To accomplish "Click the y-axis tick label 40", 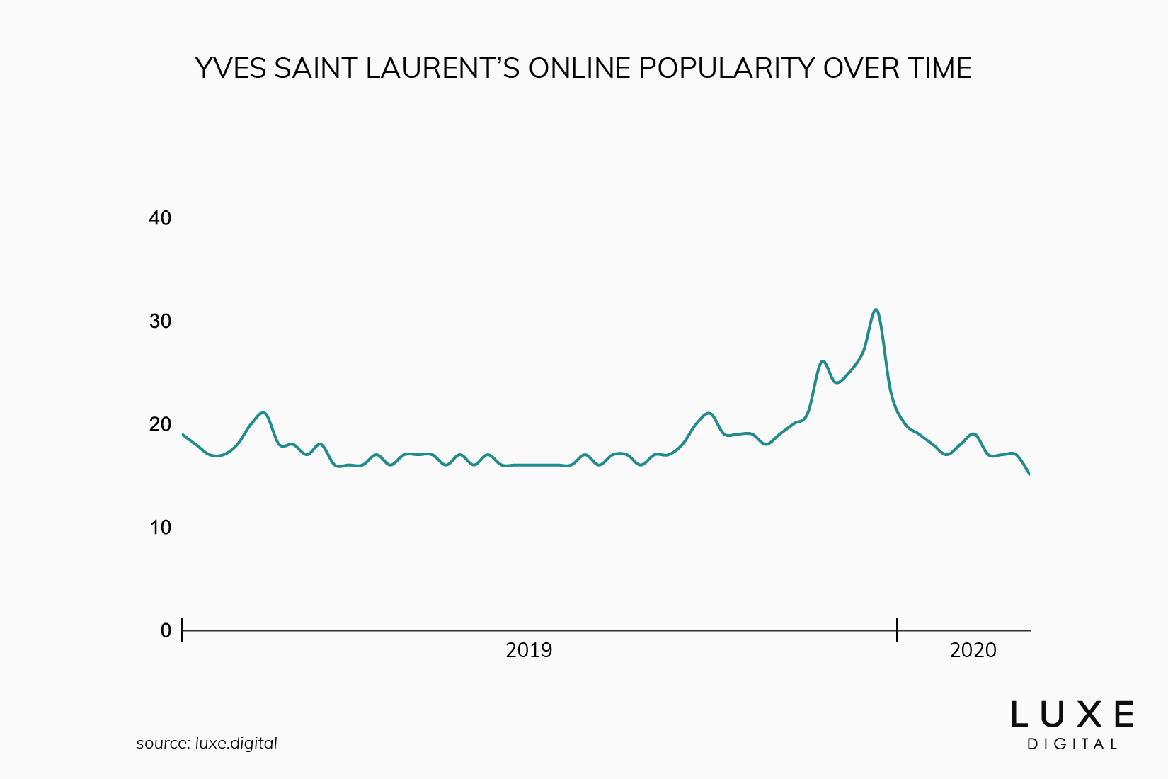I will coord(160,218).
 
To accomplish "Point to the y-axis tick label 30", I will coord(160,322).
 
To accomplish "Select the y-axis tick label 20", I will coord(160,424).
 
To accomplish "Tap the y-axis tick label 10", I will coord(160,528).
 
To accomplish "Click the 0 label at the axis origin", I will coord(166,630).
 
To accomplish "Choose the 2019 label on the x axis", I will coord(529,650).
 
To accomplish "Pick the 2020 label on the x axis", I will coord(973,650).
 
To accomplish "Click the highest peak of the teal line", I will coord(876,309).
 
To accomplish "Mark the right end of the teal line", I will coord(1029,474).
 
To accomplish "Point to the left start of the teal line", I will coord(183,434).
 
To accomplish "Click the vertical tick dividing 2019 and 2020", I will coord(897,630).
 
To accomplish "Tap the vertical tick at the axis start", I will coord(183,630).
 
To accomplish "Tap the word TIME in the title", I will coord(939,69).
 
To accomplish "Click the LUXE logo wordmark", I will coord(1072,715).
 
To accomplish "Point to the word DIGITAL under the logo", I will coord(1072,744).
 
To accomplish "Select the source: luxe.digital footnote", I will coord(207,744).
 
